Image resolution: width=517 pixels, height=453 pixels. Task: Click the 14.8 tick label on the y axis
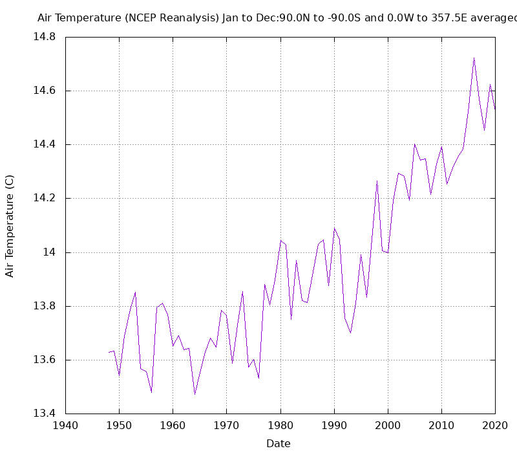point(45,37)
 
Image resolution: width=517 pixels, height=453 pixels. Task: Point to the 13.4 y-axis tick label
point(45,414)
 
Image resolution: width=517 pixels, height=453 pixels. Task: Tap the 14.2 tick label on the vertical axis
point(45,198)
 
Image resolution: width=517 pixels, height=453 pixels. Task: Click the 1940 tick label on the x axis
point(65,425)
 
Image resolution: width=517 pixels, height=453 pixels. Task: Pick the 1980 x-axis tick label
point(280,425)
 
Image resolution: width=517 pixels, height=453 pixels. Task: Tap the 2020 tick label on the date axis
point(495,425)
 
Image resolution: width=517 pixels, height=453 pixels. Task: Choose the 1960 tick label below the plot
point(173,425)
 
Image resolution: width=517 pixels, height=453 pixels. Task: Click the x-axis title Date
point(279,443)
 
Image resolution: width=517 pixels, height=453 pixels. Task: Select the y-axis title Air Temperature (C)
point(10,226)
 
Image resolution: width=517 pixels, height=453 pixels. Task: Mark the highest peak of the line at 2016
point(474,58)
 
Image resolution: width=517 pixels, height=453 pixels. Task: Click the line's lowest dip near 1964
point(195,394)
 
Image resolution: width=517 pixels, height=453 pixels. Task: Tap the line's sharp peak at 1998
point(377,181)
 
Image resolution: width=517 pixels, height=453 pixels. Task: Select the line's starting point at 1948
point(109,352)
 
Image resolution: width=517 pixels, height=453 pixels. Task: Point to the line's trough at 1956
point(151,392)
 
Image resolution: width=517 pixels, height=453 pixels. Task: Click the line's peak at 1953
point(135,292)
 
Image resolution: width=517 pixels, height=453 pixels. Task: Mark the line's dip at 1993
point(350,333)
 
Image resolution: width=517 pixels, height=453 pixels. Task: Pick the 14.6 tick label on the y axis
point(45,91)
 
